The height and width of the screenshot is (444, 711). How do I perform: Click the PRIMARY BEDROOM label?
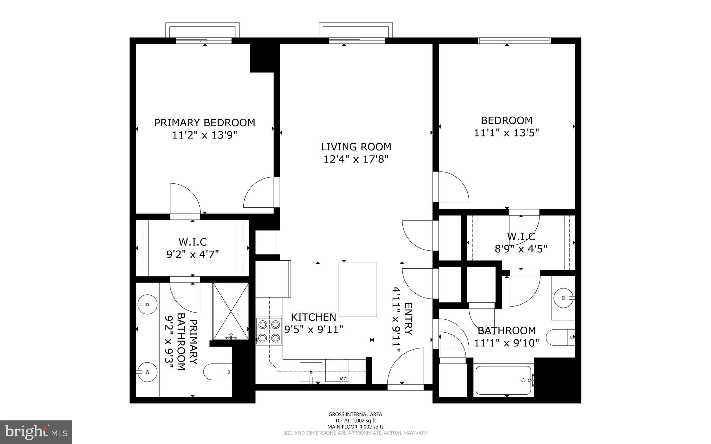(x=204, y=123)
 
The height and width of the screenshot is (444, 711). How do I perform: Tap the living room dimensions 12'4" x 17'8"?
(x=356, y=159)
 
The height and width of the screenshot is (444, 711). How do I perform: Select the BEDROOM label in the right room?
(x=506, y=120)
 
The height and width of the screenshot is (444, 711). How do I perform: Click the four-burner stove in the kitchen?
(x=269, y=331)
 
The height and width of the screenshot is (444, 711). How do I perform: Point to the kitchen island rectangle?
(x=358, y=289)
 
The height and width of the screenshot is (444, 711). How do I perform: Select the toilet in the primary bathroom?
(x=217, y=372)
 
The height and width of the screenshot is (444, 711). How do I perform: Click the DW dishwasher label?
(x=343, y=378)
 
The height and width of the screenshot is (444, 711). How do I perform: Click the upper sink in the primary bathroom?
(x=147, y=304)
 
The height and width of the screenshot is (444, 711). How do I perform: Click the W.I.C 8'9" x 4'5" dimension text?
(x=521, y=249)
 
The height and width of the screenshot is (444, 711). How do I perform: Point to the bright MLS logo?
(x=36, y=432)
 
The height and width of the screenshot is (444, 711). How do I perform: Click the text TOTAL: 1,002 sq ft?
(x=355, y=420)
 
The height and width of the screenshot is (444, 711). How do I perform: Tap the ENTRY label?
(x=409, y=319)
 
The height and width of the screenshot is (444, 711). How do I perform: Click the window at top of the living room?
(x=357, y=41)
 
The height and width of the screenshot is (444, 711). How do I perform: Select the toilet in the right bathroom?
(x=560, y=337)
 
